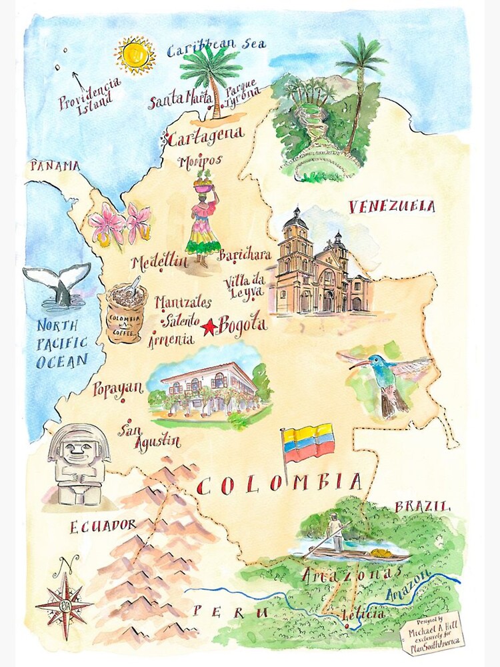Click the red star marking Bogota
(209, 327)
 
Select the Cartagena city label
(203, 138)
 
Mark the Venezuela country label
(391, 207)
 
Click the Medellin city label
(160, 262)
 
